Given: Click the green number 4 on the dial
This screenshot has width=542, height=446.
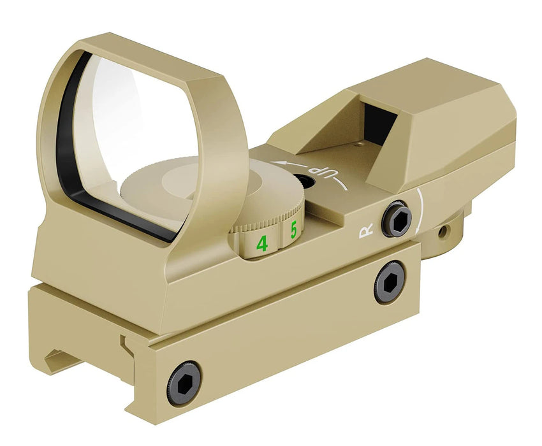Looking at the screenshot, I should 261,243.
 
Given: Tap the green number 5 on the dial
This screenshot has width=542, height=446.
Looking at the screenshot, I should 294,231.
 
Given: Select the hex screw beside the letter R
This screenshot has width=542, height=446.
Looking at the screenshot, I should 396,219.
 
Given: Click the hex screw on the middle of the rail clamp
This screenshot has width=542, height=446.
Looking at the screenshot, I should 389,282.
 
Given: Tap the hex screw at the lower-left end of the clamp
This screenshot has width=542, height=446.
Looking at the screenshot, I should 184,383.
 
